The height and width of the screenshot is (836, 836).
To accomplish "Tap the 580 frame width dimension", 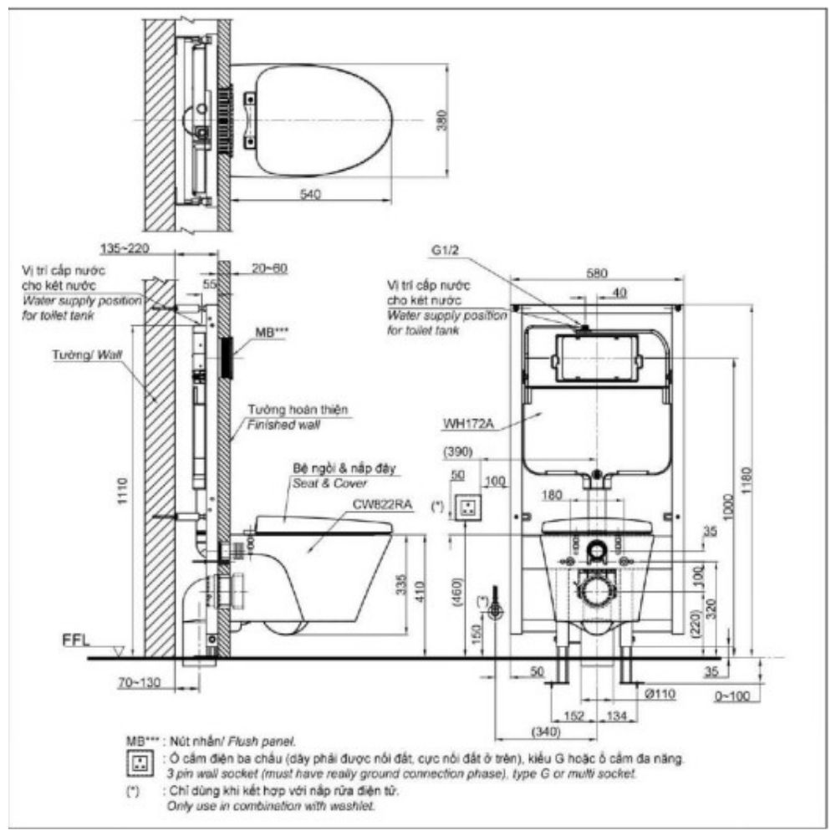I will click(597, 273).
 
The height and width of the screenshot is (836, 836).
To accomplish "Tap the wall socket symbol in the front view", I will click(466, 506).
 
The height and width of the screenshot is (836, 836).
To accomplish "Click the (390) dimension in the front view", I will click(459, 451).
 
